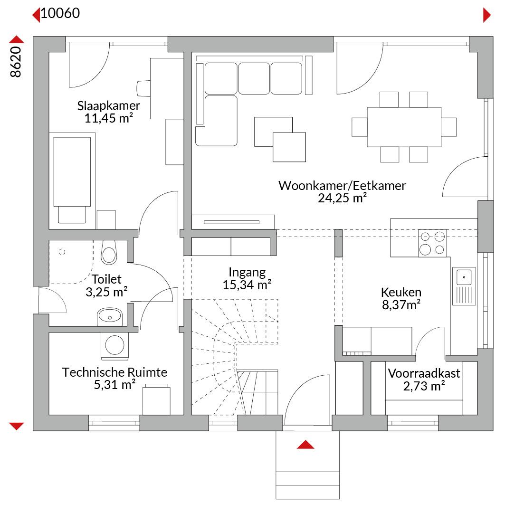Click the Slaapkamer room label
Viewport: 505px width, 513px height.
[108, 105]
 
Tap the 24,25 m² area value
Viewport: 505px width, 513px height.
[342, 198]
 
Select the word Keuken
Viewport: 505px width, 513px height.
[401, 292]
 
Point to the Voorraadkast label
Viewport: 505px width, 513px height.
[424, 373]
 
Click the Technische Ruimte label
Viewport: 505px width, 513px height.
[114, 372]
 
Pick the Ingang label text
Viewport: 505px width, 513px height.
[247, 273]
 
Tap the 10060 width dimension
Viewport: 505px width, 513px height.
[60, 13]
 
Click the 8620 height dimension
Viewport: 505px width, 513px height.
[16, 62]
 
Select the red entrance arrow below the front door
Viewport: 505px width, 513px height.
[305, 444]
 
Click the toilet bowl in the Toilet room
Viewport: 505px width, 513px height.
[109, 252]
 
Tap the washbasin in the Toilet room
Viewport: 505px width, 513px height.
[110, 317]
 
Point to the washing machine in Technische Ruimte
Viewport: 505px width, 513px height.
[114, 345]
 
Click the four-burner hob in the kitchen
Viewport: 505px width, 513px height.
[432, 243]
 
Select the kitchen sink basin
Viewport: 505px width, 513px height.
[464, 277]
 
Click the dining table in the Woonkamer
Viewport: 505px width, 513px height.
[404, 127]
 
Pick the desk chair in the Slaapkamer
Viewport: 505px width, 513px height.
[143, 88]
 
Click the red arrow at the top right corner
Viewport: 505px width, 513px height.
[487, 15]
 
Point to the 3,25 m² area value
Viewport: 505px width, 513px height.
[106, 292]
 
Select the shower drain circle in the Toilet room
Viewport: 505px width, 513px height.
[62, 252]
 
